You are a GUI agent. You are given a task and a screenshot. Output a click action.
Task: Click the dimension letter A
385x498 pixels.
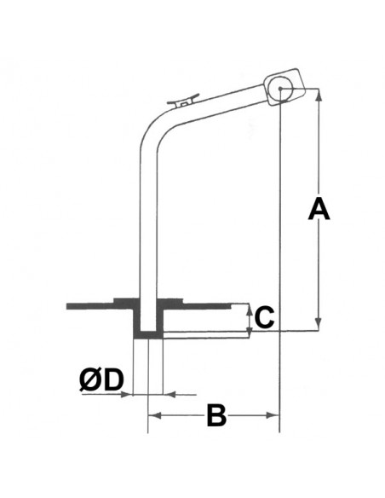point(319,208)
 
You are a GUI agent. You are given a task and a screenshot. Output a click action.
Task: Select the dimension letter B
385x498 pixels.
point(216,416)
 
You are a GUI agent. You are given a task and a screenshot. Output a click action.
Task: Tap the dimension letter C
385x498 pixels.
point(263,317)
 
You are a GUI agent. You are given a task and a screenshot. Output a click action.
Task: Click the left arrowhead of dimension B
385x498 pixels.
point(154,414)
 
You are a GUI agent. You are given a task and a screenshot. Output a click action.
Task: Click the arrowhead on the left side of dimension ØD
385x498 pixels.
point(130,394)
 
